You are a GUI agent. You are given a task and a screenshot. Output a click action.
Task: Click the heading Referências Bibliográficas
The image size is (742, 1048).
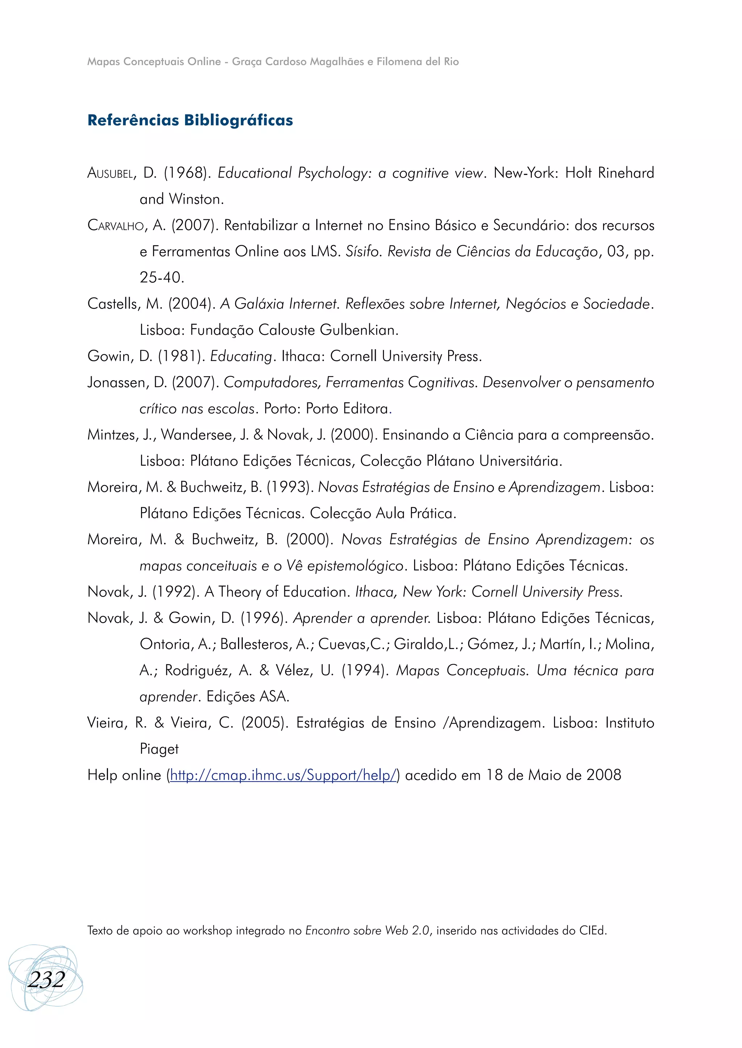190,120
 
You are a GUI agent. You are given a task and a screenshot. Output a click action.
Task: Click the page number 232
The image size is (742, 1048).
46,980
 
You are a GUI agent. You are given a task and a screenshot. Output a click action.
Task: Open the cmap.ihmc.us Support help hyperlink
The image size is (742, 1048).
283,775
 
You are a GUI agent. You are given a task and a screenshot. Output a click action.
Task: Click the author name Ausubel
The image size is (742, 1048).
111,173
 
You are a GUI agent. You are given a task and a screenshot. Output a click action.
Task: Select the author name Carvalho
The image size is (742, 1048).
116,225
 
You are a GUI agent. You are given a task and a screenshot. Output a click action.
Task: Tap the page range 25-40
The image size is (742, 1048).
161,278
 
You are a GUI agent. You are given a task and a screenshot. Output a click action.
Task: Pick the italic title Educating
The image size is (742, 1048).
241,356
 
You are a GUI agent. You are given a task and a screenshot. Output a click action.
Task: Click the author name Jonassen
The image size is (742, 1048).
118,383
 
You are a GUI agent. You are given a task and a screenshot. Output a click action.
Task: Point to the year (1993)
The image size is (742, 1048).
290,487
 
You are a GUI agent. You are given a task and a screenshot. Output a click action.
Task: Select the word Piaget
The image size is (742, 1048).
159,749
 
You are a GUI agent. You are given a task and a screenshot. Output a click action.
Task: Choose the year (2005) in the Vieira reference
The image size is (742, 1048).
264,723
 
